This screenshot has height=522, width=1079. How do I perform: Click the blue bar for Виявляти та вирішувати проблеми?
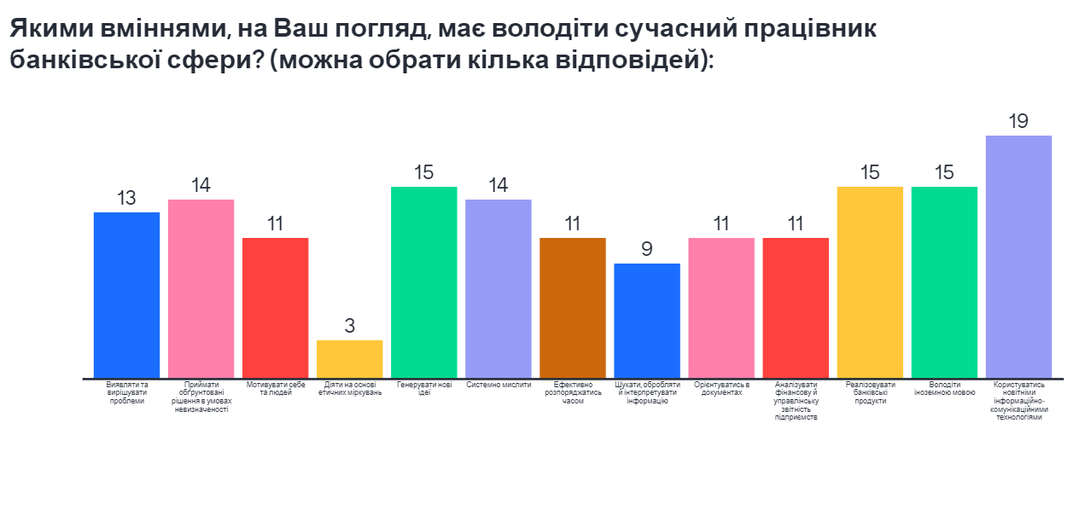pos(126,294)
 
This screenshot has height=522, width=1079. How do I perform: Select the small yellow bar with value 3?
pos(350,358)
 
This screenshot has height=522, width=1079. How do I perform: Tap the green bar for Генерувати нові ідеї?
pos(424,281)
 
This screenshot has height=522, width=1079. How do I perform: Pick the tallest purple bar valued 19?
pos(1018,256)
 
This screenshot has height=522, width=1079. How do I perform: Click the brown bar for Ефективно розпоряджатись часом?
pos(573,307)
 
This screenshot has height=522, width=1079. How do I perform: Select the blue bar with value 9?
pos(647,320)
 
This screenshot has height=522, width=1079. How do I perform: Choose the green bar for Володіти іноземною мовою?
pos(944,281)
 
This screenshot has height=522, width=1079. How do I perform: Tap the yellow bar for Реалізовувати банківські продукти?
pos(870,281)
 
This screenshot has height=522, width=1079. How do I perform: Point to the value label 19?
pos(1018,121)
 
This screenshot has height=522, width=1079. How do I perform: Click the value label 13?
pos(126,198)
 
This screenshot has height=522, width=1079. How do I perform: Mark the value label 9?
pos(647,249)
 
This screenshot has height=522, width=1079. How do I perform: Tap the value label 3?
pos(350,326)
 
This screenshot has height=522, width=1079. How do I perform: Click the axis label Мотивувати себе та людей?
pos(275,389)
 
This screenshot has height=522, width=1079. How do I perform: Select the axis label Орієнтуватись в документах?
pos(721,389)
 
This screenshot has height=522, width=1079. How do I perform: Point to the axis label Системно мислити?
pos(499,385)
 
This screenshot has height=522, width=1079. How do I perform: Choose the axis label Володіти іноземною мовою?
pos(944,389)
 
